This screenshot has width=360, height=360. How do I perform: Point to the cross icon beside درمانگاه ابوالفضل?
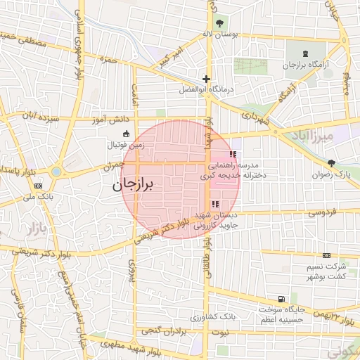[205, 79]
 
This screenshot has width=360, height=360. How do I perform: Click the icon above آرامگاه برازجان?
[304, 53]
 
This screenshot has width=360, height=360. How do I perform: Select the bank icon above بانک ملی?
[38, 186]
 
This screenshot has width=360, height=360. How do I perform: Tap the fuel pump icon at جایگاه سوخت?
[281, 299]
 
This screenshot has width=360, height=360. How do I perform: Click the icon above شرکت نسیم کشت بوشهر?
[326, 256]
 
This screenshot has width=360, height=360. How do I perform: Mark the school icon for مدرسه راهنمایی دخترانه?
[232, 154]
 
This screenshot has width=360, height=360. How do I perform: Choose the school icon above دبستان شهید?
[214, 205]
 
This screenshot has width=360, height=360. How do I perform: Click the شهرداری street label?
[255, 120]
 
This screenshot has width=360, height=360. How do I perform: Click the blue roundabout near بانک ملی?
[56, 171]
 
